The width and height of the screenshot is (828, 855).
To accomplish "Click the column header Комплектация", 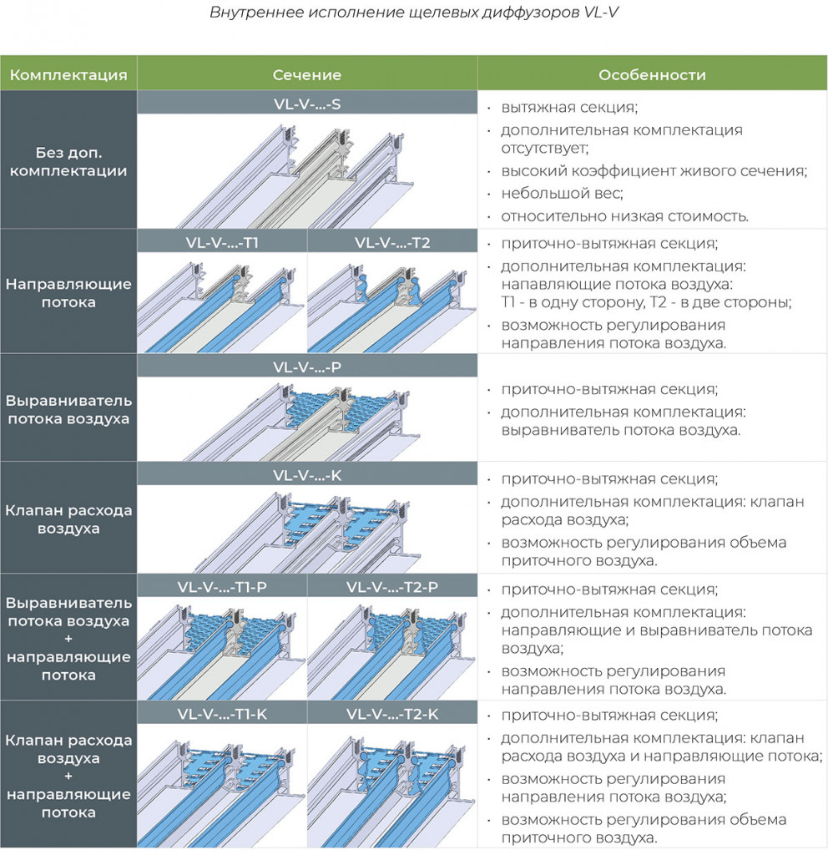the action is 68,74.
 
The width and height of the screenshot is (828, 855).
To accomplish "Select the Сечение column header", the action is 307,74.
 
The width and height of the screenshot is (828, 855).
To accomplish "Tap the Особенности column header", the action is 652,74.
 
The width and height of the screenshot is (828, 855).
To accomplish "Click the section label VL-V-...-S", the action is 307,104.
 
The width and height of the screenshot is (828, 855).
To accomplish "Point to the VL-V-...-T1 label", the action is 222,242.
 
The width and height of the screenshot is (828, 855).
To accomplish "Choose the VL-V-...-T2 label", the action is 392,242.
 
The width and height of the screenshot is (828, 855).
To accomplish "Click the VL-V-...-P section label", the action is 307,367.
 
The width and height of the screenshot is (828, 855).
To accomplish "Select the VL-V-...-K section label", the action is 307,475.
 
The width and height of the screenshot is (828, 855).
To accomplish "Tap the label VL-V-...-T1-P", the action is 222,587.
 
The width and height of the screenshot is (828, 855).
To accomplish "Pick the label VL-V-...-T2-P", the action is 392,587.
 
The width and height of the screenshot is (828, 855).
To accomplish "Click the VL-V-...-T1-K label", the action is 222,714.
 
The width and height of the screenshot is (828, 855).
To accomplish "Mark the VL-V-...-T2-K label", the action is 392,714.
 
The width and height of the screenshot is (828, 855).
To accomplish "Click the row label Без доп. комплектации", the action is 68,161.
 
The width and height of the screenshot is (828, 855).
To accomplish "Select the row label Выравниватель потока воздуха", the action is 68,409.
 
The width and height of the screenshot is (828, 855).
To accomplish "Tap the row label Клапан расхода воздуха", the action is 68,519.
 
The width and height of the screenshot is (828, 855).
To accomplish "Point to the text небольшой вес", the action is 562,193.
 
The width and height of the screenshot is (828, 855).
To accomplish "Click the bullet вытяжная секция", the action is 569,107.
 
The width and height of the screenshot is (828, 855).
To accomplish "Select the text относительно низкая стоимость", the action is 624,216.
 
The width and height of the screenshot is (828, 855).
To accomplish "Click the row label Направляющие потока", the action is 68,293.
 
